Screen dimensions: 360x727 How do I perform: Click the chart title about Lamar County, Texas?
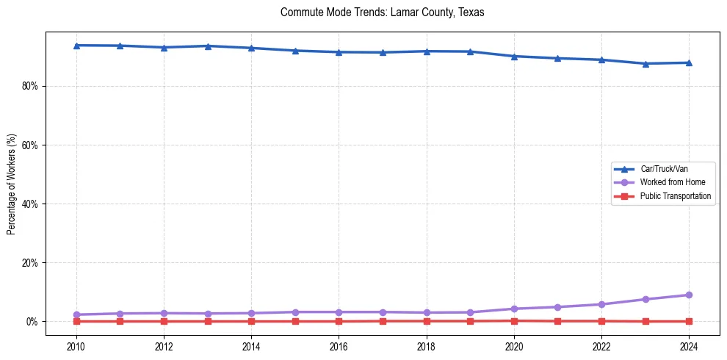pos(382,12)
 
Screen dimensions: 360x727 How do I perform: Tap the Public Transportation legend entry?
pos(676,196)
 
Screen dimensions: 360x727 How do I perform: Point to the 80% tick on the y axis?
pos(29,86)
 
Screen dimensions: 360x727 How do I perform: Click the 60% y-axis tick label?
pos(29,145)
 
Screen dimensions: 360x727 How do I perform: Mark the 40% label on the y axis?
pos(29,204)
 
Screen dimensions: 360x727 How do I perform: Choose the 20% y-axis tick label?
pos(29,262)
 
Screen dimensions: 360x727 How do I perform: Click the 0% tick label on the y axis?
pos(32,321)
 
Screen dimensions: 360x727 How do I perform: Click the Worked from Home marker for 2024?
pos(689,295)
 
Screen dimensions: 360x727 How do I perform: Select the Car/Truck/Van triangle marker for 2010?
pos(76,46)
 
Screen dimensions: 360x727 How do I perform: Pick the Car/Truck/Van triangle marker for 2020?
pos(514,57)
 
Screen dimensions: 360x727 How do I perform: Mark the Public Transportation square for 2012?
pos(164,321)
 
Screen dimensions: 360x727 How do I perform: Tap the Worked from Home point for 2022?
pos(601,304)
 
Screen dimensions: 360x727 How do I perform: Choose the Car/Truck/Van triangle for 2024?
pos(689,62)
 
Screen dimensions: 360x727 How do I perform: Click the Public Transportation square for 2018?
pos(427,321)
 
